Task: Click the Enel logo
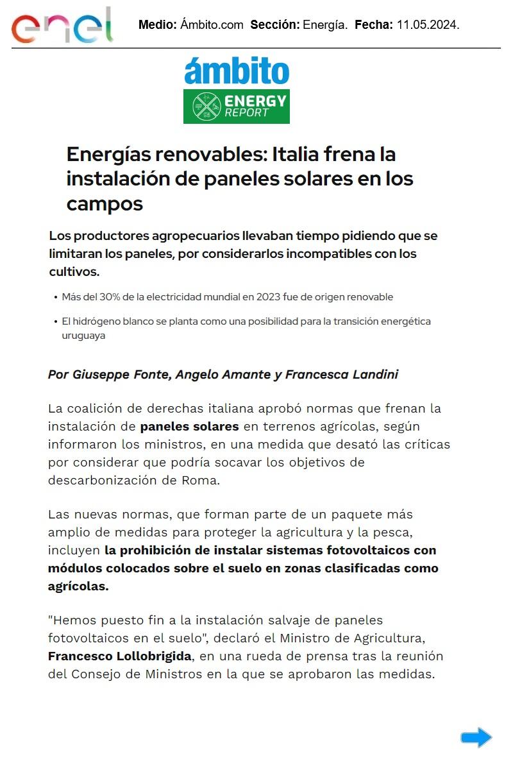62,26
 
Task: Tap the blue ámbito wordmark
237,71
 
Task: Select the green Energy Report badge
236,107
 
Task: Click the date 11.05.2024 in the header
428,25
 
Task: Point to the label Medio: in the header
158,25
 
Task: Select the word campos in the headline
105,204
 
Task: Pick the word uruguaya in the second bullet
83,336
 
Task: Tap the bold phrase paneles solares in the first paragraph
190,427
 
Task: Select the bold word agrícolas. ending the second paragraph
78,586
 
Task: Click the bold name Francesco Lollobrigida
120,656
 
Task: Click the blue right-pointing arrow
476,737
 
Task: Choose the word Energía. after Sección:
325,25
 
